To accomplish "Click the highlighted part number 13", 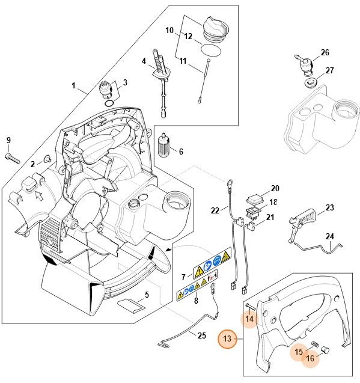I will tap(227, 340).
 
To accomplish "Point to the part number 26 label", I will tap(325, 53).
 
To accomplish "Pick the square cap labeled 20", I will tap(254, 197).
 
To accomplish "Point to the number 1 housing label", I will tap(75, 86).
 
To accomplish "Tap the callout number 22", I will tap(215, 210).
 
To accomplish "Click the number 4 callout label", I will tap(144, 61).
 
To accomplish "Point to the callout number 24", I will tap(329, 236).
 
